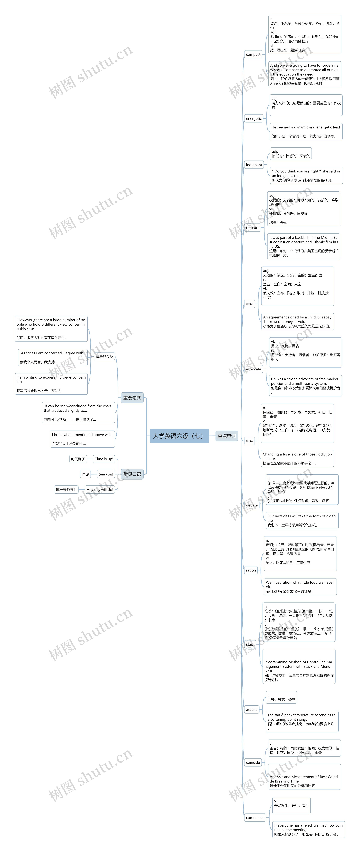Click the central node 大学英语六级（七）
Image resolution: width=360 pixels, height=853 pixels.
point(179,436)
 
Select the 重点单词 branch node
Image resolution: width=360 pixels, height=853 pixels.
point(227,436)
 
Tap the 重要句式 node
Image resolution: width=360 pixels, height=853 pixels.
point(132,398)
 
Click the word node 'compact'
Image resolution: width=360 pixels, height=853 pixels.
point(253,54)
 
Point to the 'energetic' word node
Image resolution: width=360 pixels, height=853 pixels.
point(254,119)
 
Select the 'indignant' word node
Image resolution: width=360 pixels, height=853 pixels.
point(254,165)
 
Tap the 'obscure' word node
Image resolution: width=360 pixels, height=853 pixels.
point(253,227)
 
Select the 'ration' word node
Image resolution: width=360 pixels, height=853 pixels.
point(251,570)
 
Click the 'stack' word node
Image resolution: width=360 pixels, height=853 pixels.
point(250,644)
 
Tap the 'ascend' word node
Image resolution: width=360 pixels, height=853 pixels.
point(252,710)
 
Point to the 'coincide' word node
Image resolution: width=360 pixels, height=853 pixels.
point(253,762)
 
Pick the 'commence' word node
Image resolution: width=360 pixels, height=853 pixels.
point(255,818)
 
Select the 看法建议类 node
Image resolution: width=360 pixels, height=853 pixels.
point(104,357)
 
